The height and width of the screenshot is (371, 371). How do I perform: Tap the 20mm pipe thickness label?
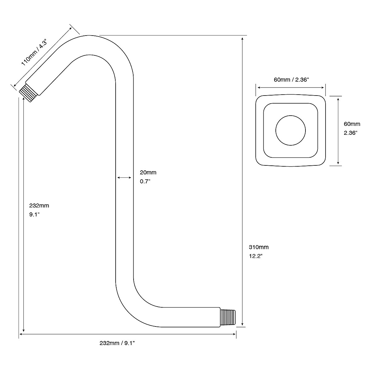point(148,173)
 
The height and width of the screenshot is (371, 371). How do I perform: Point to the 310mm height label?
point(258,247)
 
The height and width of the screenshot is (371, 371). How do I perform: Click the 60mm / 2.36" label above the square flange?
point(291,80)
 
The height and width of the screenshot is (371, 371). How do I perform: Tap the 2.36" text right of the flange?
point(351,133)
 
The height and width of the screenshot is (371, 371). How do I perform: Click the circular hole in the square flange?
point(291,130)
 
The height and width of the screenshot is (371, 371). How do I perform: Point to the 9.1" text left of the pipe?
point(34,214)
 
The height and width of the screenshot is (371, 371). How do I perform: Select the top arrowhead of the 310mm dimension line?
point(243,38)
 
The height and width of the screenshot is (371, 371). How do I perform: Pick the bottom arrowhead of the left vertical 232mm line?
point(24,330)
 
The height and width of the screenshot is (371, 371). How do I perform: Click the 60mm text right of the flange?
point(352,124)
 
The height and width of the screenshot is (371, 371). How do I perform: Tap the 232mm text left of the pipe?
point(39,205)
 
